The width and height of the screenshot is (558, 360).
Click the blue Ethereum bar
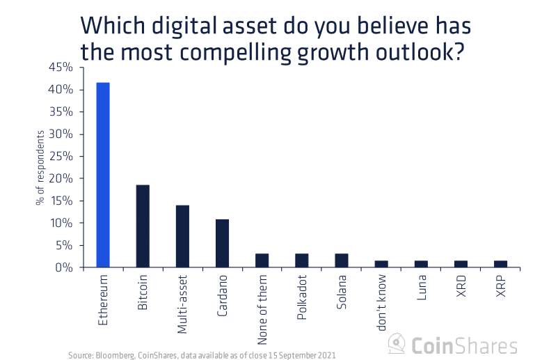point(102,175)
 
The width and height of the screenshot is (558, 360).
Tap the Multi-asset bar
point(182,237)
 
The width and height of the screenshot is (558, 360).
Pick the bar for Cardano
point(222,244)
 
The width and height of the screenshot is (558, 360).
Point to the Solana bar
point(342,260)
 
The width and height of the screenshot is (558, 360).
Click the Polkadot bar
point(302,260)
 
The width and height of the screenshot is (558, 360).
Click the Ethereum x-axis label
point(103,300)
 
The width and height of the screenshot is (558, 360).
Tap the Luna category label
point(422,288)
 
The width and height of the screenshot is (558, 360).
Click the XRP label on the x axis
point(501,288)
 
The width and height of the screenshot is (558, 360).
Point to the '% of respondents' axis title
point(40,168)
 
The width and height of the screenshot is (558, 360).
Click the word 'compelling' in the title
point(244,51)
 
